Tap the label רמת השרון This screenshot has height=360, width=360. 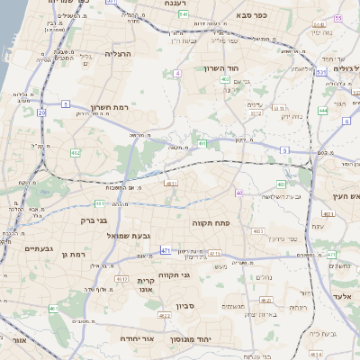click(111, 106)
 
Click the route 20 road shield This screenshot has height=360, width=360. click(41, 112)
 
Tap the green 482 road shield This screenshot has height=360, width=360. click(75, 154)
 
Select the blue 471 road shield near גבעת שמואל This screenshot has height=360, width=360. click(166, 249)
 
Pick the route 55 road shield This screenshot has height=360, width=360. click(338, 17)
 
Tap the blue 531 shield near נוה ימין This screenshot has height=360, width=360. click(320, 72)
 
